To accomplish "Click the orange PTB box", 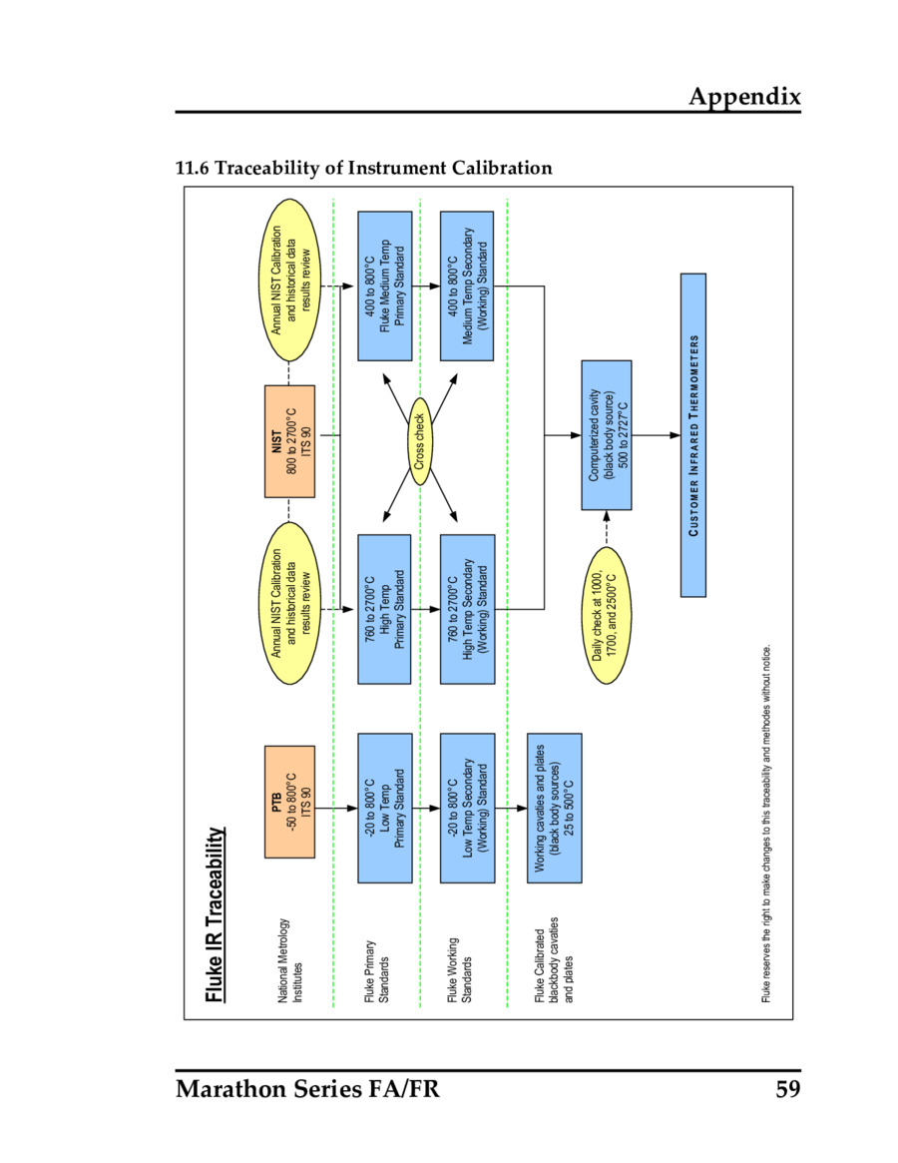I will (289, 802).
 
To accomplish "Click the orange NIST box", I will (289, 440).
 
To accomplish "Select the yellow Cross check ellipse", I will (420, 441).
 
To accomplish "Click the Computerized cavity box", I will (607, 435).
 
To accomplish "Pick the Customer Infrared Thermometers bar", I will (693, 435).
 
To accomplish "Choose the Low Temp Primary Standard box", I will (384, 808).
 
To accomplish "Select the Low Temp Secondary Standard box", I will (467, 808).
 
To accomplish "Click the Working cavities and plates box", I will (554, 808).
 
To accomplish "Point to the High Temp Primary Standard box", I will (384, 609).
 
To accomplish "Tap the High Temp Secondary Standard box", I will (467, 609).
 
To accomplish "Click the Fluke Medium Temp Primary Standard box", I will (384, 286).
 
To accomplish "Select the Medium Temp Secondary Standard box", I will (467, 286).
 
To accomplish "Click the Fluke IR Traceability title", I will (214, 913).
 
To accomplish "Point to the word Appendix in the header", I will (744, 96).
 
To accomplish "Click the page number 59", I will (788, 1088).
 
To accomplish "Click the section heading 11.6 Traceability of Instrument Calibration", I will (363, 168).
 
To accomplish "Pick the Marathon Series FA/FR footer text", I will (307, 1088).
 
